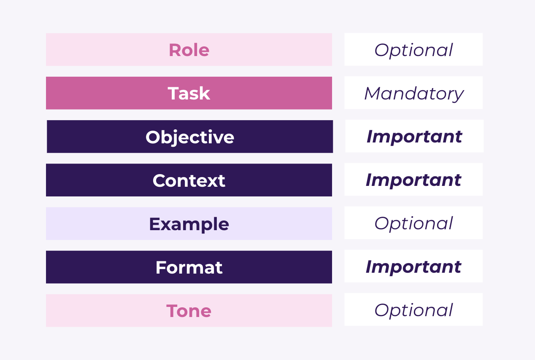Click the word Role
(189, 50)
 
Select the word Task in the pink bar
(189, 93)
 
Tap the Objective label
(190, 137)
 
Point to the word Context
(189, 180)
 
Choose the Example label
(189, 224)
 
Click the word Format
(189, 267)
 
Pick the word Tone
(189, 311)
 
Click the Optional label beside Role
(413, 50)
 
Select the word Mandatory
(414, 94)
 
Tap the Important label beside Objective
(414, 137)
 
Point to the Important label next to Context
(413, 180)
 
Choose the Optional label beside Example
(413, 223)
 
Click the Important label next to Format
(413, 267)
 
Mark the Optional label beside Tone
(413, 310)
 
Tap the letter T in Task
(174, 93)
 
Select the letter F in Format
(162, 267)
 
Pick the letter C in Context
(159, 180)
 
